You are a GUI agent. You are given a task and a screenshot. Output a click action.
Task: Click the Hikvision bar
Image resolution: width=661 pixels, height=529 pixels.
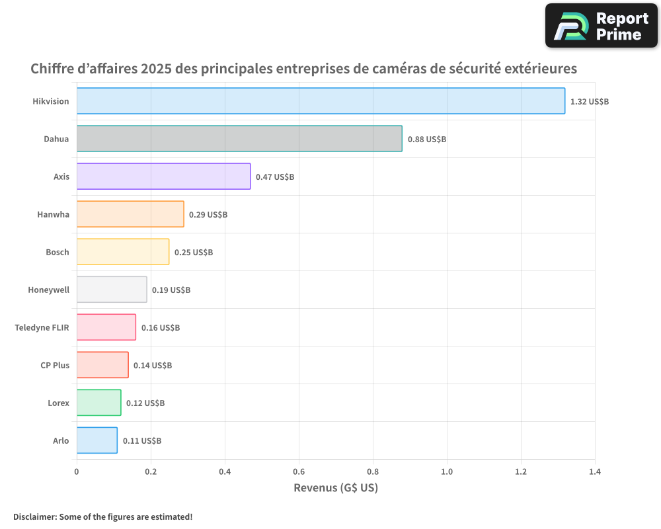click(x=321, y=101)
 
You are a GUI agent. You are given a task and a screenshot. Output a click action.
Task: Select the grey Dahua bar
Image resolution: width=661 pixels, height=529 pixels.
click(x=239, y=139)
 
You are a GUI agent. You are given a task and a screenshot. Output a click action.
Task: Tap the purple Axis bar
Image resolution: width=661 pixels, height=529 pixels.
click(x=163, y=177)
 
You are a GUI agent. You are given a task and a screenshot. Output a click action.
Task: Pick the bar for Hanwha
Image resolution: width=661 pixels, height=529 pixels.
click(x=130, y=214)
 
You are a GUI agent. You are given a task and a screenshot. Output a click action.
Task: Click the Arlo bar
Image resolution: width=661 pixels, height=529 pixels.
click(x=97, y=440)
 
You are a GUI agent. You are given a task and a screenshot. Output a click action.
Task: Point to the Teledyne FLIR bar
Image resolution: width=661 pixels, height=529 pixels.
click(x=106, y=327)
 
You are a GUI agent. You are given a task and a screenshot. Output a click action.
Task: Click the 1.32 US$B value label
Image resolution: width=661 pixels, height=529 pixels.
click(x=590, y=102)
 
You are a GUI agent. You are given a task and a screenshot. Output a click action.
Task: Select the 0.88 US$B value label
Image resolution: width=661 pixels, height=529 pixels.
click(x=427, y=140)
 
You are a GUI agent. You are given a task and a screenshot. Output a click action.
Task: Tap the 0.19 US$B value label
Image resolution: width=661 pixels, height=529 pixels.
click(x=171, y=290)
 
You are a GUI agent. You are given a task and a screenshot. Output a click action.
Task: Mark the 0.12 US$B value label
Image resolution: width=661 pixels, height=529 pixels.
click(x=145, y=403)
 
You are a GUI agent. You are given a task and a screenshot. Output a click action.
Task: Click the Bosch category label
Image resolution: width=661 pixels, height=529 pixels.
click(x=58, y=252)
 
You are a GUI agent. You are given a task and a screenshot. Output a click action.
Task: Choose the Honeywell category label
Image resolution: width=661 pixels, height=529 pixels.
click(x=48, y=290)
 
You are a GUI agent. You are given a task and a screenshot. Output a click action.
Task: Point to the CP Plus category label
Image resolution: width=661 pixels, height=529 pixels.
click(x=55, y=365)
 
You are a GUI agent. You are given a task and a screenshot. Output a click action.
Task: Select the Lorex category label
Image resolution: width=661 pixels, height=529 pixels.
click(x=58, y=403)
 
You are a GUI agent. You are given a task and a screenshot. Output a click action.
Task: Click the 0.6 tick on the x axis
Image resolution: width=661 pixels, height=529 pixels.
click(x=299, y=472)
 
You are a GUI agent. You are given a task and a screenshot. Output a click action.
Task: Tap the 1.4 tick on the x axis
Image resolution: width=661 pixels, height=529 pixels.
click(x=595, y=472)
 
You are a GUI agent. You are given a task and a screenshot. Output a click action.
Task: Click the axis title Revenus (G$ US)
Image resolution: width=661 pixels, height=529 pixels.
click(x=336, y=488)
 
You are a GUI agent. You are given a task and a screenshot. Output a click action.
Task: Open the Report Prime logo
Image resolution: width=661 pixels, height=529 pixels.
click(x=602, y=26)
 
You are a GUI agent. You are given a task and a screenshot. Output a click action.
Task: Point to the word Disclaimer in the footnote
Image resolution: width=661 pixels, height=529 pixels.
click(x=34, y=516)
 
